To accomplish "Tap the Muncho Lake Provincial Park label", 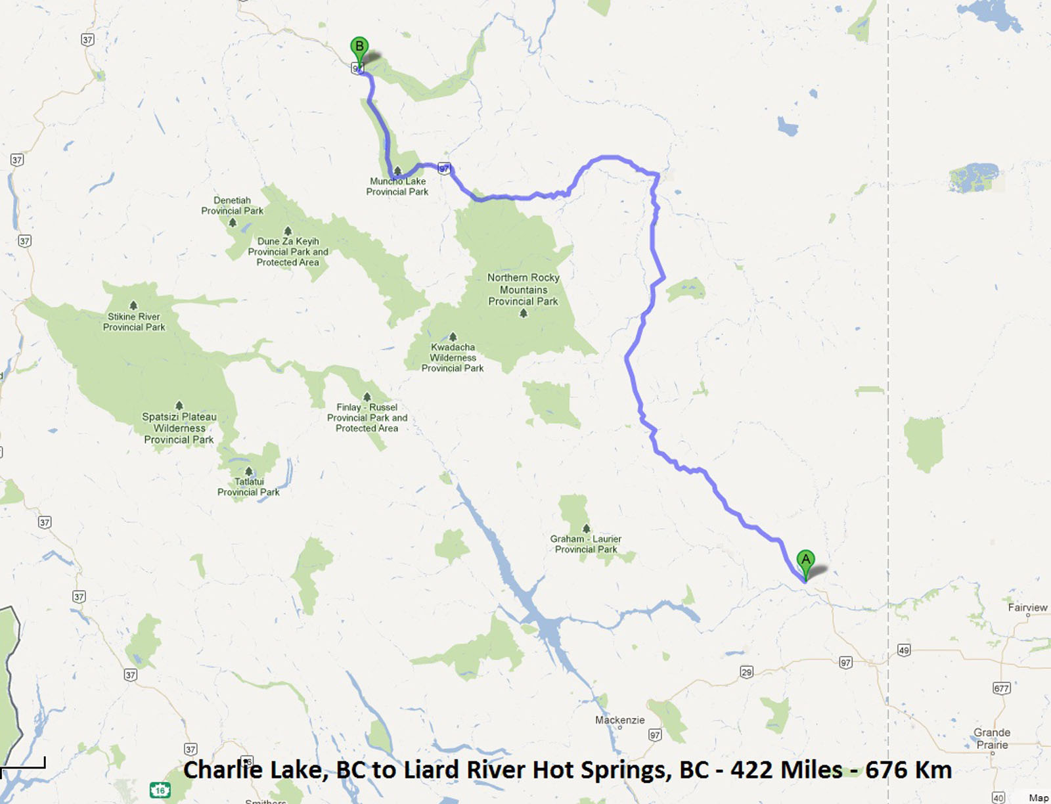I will coord(397,187).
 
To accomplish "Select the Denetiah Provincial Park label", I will coord(232,206).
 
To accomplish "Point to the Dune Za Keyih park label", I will coord(288,252).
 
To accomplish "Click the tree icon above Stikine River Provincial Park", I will coord(133,305).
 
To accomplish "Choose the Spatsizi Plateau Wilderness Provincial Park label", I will coord(179,428).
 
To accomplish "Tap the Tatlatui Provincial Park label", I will coord(248,487).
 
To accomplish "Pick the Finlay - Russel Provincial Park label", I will coord(367,417).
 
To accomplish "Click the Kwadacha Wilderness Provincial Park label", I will coord(453,357).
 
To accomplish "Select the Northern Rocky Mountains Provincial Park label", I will coord(523,289).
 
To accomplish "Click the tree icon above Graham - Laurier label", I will coord(586,528).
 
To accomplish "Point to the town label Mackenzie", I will coord(619,720).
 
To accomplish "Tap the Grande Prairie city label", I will coord(992,738).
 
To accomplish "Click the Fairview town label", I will coord(1027,608).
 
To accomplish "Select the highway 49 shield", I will coord(904,650).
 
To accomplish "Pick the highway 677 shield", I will coord(1001,688).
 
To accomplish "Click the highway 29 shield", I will coord(746,671).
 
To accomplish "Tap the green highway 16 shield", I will coord(160,790).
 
